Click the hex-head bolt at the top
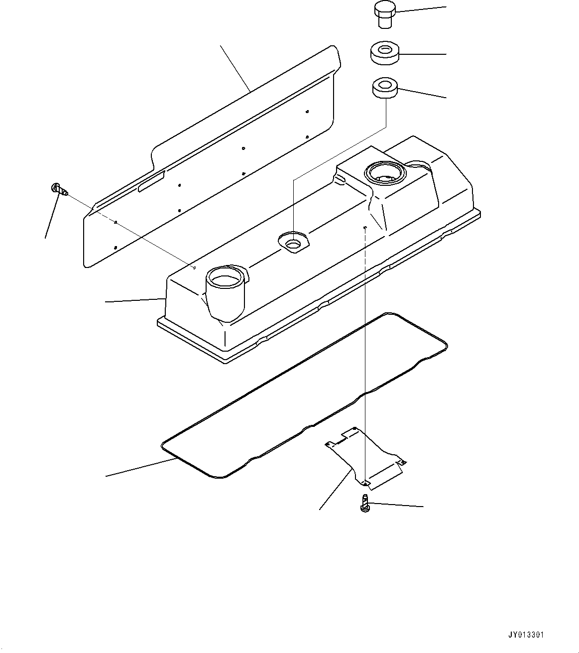coord(384,14)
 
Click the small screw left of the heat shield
coord(60,189)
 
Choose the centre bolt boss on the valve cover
coord(293,241)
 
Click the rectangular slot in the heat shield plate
coord(151,182)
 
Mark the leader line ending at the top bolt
coord(421,10)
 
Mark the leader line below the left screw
coord(53,216)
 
